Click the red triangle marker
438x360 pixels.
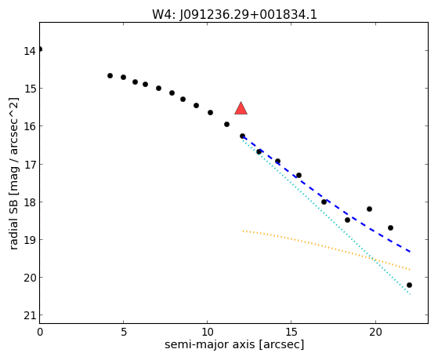click(241, 108)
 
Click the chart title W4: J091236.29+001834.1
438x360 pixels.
click(234, 15)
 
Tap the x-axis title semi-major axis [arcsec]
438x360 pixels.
click(234, 344)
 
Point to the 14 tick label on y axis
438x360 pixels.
click(30, 51)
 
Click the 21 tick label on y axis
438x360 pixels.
click(30, 316)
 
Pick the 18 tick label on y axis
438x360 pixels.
click(30, 202)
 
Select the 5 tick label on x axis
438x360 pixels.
click(124, 333)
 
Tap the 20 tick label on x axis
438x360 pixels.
click(375, 333)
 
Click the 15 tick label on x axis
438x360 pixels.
click(291, 333)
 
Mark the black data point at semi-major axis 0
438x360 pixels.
click(40, 49)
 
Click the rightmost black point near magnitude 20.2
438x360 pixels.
click(409, 285)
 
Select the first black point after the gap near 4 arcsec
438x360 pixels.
click(110, 75)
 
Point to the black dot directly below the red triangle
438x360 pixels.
click(242, 136)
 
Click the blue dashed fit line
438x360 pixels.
click(326, 195)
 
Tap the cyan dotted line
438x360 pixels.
click(326, 216)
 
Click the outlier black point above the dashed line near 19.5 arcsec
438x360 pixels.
click(369, 209)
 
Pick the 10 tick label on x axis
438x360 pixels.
click(207, 333)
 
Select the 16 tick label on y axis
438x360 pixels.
click(30, 127)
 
